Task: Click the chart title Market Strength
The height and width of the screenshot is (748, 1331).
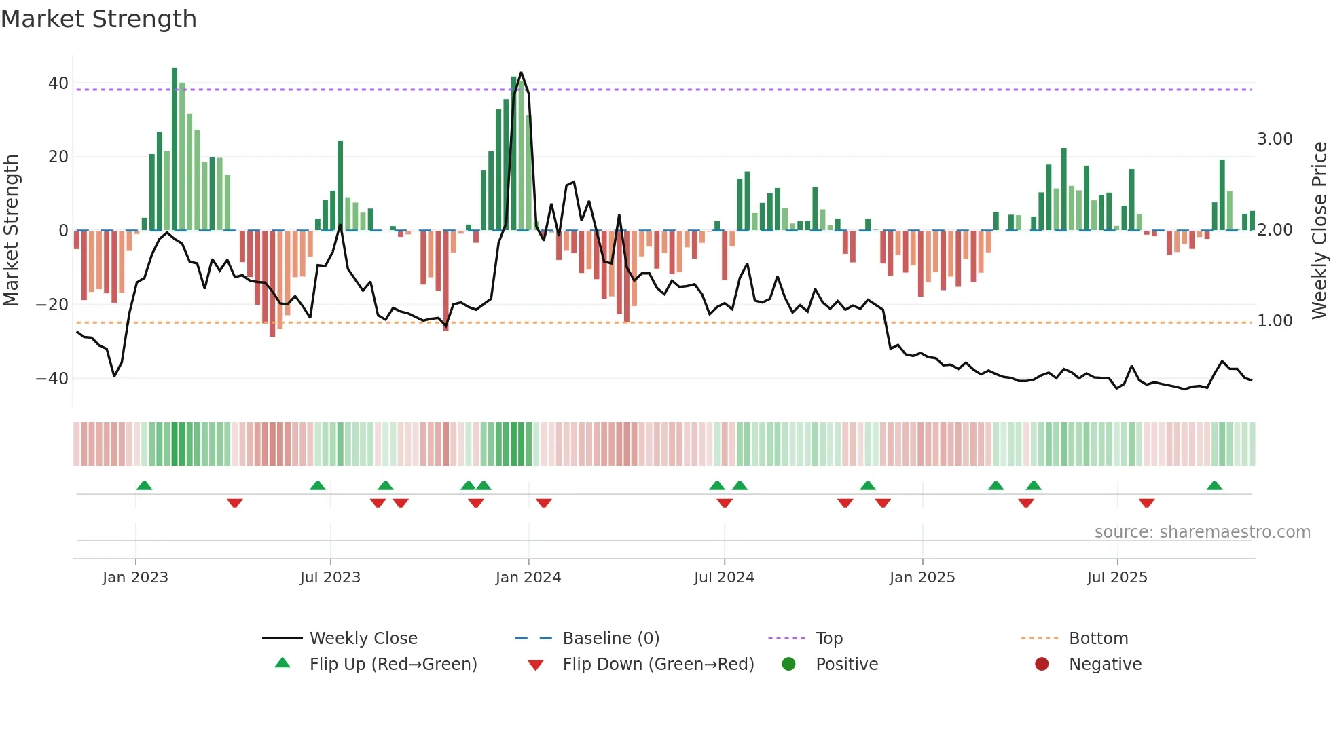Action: point(98,19)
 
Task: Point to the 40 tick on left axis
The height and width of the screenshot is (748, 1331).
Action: point(58,83)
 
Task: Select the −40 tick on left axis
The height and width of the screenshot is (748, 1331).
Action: point(52,378)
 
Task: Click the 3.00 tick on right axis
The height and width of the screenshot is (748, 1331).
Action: point(1275,139)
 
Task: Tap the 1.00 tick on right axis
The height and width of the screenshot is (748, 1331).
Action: point(1275,321)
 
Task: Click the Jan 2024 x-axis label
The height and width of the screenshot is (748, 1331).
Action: point(528,578)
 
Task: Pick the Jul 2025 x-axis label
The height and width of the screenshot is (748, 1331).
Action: point(1116,578)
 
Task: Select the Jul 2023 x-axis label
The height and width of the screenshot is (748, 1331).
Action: point(330,578)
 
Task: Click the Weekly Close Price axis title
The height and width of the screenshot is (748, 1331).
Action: point(1319,230)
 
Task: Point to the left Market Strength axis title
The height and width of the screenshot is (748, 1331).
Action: point(11,230)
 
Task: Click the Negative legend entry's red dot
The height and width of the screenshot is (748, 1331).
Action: point(1042,665)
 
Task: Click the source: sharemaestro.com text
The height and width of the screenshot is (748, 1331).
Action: point(1202,532)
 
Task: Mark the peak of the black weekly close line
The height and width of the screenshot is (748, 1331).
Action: point(521,73)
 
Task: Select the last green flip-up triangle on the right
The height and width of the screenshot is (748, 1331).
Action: point(1214,486)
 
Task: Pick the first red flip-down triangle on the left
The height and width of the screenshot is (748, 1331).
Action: point(235,503)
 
